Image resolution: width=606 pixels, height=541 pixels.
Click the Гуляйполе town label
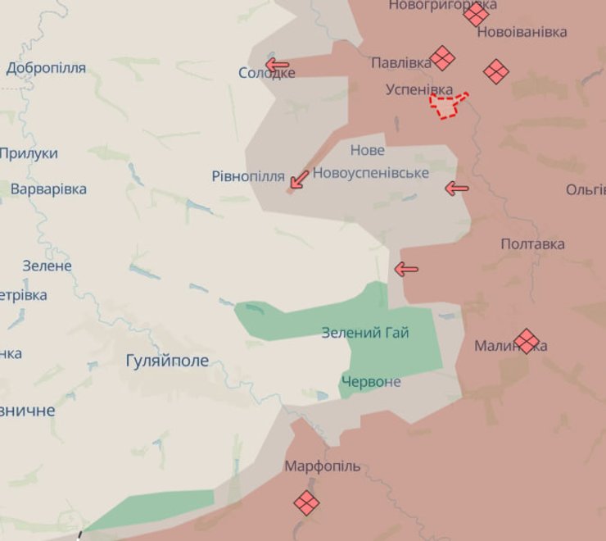168,361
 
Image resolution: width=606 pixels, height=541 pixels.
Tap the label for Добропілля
46,68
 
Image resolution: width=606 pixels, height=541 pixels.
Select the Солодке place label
267,73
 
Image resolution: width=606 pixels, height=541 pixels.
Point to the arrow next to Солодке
278,65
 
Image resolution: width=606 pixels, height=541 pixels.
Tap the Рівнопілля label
248,176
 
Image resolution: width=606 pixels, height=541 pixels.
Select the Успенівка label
419,89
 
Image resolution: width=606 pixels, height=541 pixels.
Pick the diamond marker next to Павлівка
443,58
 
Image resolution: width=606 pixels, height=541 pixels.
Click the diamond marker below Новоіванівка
495,71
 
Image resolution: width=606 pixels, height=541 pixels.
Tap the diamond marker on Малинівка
527,340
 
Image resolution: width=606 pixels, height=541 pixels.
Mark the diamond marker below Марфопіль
307,502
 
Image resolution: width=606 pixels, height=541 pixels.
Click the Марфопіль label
322,466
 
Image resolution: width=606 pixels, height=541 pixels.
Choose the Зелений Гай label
365,333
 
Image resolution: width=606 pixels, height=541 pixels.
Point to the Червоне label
371,382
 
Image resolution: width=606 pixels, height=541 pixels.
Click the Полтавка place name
532,244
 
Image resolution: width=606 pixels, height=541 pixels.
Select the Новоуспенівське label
371,173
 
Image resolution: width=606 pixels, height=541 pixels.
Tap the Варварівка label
48,189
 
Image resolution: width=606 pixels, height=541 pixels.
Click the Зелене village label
47,266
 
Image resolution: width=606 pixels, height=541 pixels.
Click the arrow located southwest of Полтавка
406,269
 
